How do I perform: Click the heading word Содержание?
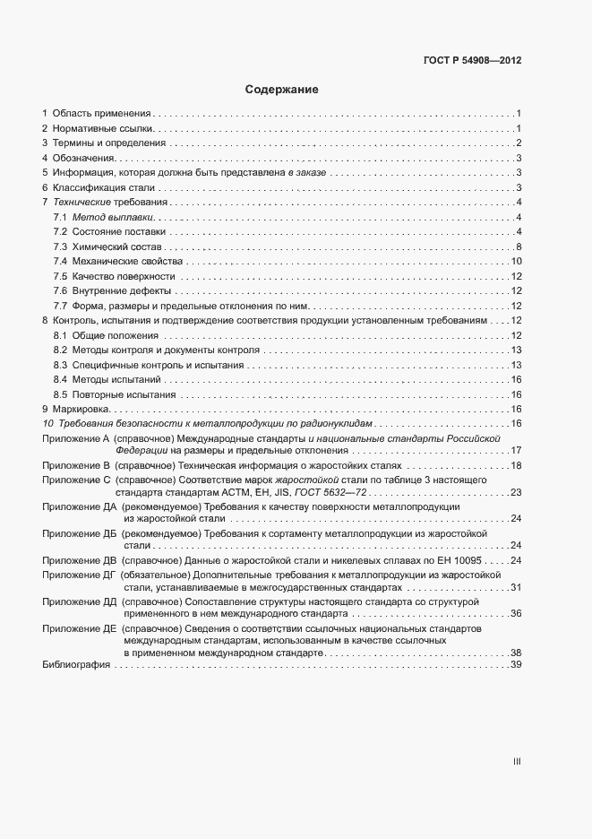point(281,90)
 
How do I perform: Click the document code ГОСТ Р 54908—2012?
point(472,61)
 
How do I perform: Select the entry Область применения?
point(102,114)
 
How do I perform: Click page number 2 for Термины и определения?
point(518,143)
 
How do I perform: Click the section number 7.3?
point(60,247)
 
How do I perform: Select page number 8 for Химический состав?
point(518,247)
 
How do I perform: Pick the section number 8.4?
point(60,379)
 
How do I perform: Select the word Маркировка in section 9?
point(81,409)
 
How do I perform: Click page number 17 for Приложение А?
point(515,450)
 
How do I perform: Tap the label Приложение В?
point(75,466)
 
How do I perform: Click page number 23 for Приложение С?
point(515,493)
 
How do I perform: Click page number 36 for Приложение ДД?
point(515,614)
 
